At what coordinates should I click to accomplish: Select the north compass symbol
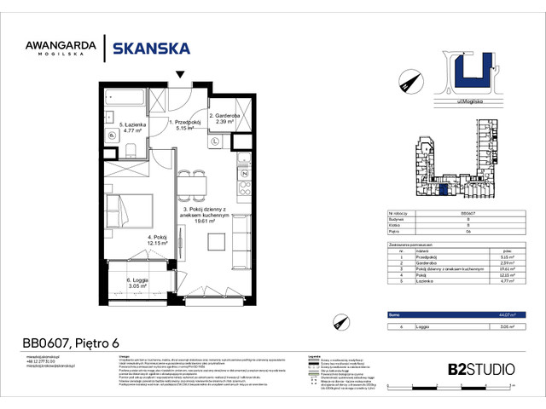408,83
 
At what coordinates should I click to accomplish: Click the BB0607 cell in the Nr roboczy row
468,214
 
